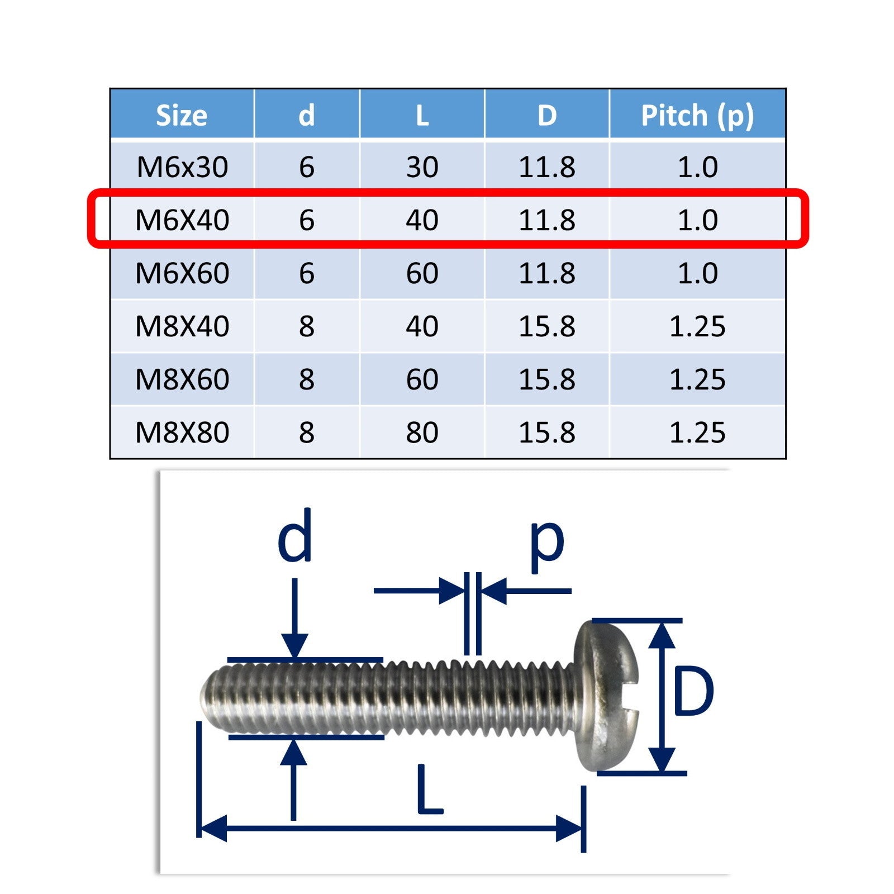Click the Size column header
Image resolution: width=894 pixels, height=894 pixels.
pos(182,116)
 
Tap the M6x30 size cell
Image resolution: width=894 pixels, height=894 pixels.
pos(182,167)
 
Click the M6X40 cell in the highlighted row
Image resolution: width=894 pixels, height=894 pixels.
pos(182,220)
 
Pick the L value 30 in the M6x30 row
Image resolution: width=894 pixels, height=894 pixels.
pos(422,167)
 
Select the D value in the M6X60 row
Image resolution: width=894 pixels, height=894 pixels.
pos(547,273)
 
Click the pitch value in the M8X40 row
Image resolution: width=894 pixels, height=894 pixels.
pos(697,326)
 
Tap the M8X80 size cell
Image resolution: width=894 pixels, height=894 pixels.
pos(182,432)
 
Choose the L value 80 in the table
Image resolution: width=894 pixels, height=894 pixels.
pos(422,432)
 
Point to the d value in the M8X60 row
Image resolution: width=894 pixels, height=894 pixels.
pos(307,379)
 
